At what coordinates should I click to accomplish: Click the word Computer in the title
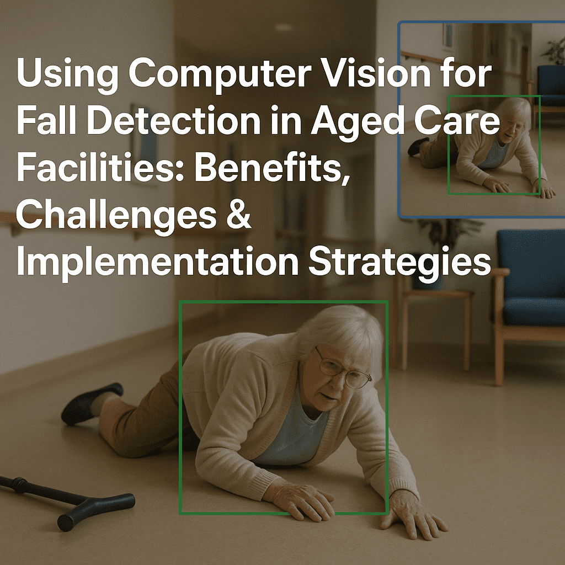pyautogui.click(x=220, y=74)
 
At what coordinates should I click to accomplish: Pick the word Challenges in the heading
pyautogui.click(x=116, y=216)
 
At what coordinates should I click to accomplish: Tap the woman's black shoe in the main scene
pyautogui.click(x=91, y=403)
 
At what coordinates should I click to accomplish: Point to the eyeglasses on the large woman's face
pyautogui.click(x=342, y=369)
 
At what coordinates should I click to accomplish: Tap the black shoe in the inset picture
pyautogui.click(x=418, y=146)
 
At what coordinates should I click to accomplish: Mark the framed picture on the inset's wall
pyautogui.click(x=447, y=36)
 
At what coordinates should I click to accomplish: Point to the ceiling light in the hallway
pyautogui.click(x=284, y=27)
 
